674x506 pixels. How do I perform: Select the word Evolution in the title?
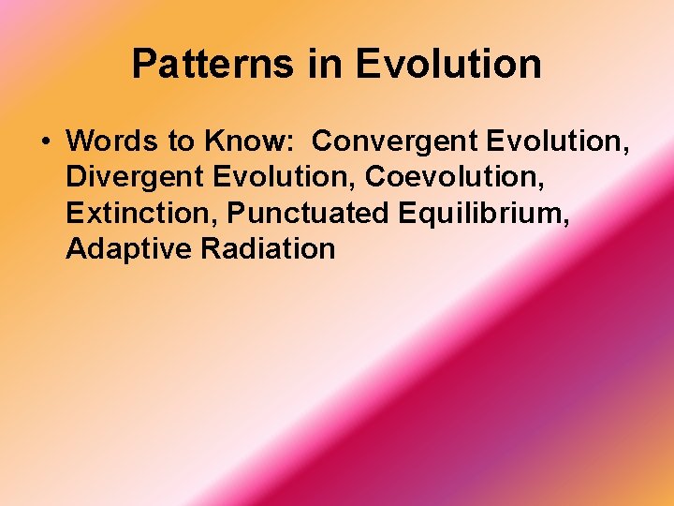point(448,65)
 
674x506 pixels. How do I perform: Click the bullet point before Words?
point(44,142)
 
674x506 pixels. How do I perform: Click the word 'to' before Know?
point(170,141)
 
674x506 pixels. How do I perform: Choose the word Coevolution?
point(447,177)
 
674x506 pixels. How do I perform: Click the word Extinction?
point(139,213)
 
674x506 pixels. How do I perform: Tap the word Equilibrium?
point(479,213)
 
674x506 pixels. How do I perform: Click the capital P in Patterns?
point(143,65)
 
